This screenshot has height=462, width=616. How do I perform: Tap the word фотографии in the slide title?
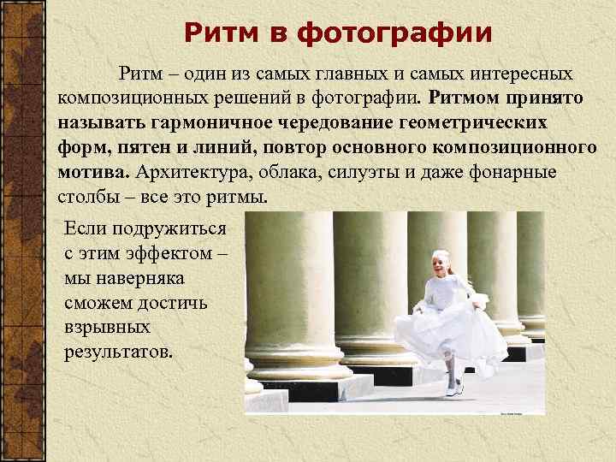(394, 33)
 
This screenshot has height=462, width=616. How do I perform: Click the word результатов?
(117, 352)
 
